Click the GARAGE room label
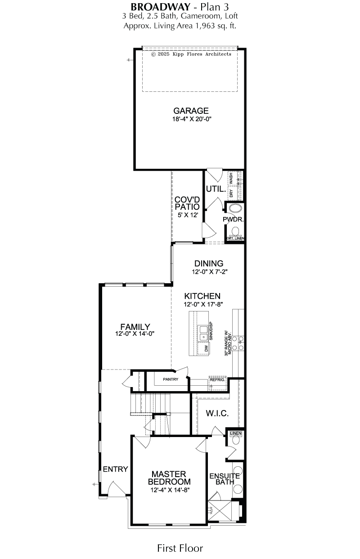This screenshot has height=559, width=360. tap(191, 111)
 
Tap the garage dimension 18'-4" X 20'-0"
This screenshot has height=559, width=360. tap(192, 119)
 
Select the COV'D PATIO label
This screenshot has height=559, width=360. tap(187, 203)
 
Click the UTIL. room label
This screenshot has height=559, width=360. tap(216, 189)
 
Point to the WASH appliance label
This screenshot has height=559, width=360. tap(231, 177)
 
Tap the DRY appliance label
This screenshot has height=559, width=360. tap(231, 194)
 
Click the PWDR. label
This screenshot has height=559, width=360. tap(233, 219)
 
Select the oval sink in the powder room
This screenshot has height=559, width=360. tap(236, 208)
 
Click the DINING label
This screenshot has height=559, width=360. tap(209, 263)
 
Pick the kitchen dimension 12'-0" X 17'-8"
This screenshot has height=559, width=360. tap(203, 304)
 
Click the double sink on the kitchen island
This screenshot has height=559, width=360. tap(203, 333)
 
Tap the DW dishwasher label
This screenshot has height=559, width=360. tap(206, 349)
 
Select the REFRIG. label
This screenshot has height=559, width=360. tap(217, 380)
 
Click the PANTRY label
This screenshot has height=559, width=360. tap(171, 379)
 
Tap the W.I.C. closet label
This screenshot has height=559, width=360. tap(217, 413)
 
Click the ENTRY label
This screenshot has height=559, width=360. tap(115, 469)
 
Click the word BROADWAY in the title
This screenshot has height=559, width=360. tap(160, 7)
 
